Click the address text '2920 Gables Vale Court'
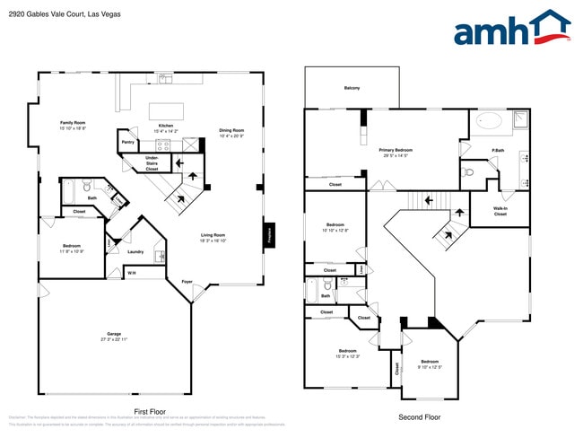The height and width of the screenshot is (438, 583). [45, 14]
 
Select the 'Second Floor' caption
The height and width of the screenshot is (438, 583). [420, 416]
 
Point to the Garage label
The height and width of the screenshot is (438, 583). [114, 337]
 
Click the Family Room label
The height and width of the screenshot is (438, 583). [73, 125]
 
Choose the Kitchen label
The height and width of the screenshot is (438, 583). [166, 128]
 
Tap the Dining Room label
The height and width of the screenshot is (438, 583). [231, 133]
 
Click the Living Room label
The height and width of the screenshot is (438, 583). [213, 237]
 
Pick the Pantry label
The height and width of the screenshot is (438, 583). [128, 142]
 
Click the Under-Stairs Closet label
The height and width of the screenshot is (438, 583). [152, 163]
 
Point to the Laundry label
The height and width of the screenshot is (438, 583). [135, 251]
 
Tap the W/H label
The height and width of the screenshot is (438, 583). [131, 273]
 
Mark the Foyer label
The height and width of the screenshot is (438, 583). [187, 282]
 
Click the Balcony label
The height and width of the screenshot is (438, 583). [352, 87]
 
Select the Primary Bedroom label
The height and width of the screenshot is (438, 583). [395, 153]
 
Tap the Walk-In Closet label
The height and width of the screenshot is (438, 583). [500, 212]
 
